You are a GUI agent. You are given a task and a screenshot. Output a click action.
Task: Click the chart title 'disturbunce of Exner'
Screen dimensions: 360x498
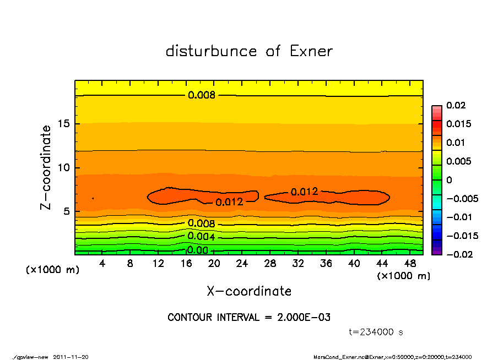coord(249,51)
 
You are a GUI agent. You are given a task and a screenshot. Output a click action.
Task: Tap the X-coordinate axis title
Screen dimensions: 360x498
coord(249,291)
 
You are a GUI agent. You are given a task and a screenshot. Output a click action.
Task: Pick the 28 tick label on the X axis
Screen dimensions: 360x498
coord(270,263)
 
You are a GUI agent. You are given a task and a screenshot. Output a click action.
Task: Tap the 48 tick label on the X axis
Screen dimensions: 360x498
coord(410,263)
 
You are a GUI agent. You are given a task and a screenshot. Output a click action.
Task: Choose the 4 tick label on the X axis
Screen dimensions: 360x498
coord(102,263)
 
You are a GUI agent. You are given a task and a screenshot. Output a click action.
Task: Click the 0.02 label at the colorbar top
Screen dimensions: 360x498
coord(456,105)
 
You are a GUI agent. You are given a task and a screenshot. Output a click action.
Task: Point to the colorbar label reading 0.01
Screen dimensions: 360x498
coord(456,143)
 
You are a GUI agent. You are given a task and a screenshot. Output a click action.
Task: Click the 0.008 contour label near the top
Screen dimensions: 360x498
coord(202,95)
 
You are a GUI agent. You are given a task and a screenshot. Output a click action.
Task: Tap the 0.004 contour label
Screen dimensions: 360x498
coord(201,237)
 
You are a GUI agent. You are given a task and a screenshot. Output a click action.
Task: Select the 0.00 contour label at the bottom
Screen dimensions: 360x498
coord(197,250)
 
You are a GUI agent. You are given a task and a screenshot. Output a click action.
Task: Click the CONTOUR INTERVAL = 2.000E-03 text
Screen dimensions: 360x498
coord(249,318)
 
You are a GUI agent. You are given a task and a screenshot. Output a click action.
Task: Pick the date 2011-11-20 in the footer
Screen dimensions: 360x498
coord(71,357)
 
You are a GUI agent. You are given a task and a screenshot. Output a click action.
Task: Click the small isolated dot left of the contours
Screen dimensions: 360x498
coord(93,198)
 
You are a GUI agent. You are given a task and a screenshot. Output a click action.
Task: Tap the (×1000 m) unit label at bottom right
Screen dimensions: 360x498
coord(403,276)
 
